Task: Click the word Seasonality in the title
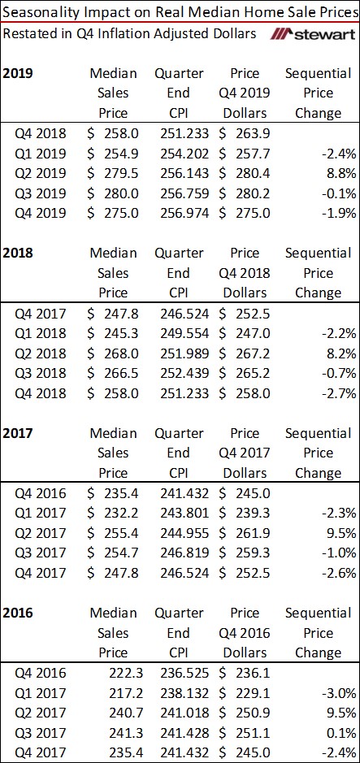40,12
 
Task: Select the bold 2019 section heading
18,73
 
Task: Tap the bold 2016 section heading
18,613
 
